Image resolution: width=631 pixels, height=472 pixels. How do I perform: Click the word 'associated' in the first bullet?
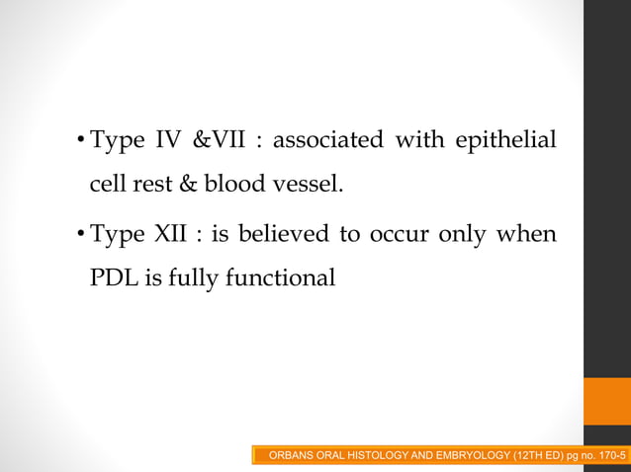pos(327,140)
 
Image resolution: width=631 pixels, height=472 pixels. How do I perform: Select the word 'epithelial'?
pos(505,140)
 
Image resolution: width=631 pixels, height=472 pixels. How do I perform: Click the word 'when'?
pos(526,235)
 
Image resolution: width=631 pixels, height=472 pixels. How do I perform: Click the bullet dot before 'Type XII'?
pos(81,237)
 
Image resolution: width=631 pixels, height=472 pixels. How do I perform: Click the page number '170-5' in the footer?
pos(611,455)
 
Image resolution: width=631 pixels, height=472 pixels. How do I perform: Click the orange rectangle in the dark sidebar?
pos(607,401)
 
